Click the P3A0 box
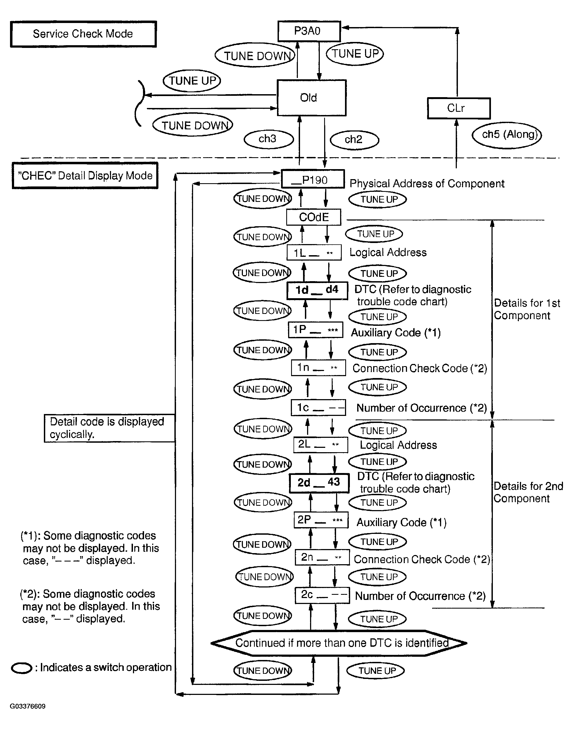point(309,31)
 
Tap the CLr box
point(458,108)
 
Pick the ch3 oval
point(268,139)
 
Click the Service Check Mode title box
point(83,34)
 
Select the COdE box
point(313,217)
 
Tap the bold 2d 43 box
point(319,483)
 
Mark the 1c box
point(318,408)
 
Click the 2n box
point(322,557)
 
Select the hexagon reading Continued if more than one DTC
point(339,643)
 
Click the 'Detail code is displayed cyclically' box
point(109,428)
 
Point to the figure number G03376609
point(28,707)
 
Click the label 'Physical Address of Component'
point(427,184)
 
